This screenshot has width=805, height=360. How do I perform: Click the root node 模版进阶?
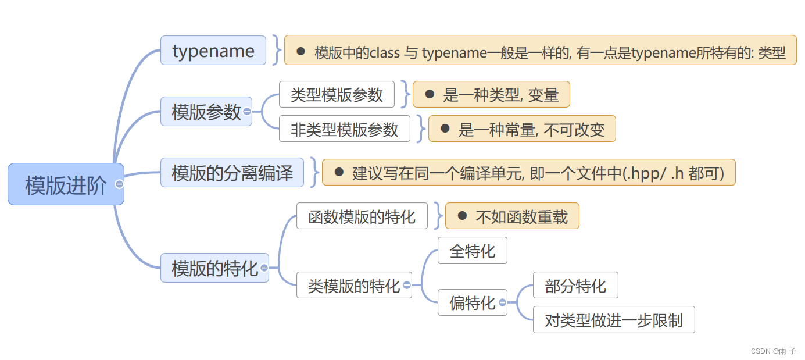[66, 184]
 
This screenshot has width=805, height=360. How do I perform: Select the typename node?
[213, 51]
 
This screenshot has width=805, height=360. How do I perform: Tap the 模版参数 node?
[206, 111]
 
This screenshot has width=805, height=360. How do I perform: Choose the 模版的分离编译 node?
[232, 172]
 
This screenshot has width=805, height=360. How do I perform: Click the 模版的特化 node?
[214, 268]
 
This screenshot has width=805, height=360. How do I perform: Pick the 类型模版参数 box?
[337, 94]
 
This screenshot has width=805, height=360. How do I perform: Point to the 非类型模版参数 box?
[344, 129]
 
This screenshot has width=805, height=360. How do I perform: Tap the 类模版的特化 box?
[353, 285]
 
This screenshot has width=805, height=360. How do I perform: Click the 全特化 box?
[472, 250]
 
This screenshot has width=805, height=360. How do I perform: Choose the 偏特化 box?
[471, 302]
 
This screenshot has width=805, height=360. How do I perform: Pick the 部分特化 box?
[575, 285]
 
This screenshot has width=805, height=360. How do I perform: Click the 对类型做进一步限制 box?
[613, 319]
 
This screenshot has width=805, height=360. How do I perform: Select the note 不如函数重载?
[512, 216]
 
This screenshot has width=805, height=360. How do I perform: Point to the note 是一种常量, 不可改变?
[521, 129]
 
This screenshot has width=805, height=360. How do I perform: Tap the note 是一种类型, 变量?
[491, 94]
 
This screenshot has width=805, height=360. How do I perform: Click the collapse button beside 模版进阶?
[120, 184]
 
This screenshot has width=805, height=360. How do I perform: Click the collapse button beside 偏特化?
[502, 302]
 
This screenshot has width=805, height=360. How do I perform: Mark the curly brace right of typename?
[276, 51]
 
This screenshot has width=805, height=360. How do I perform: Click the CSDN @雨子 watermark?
[773, 351]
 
